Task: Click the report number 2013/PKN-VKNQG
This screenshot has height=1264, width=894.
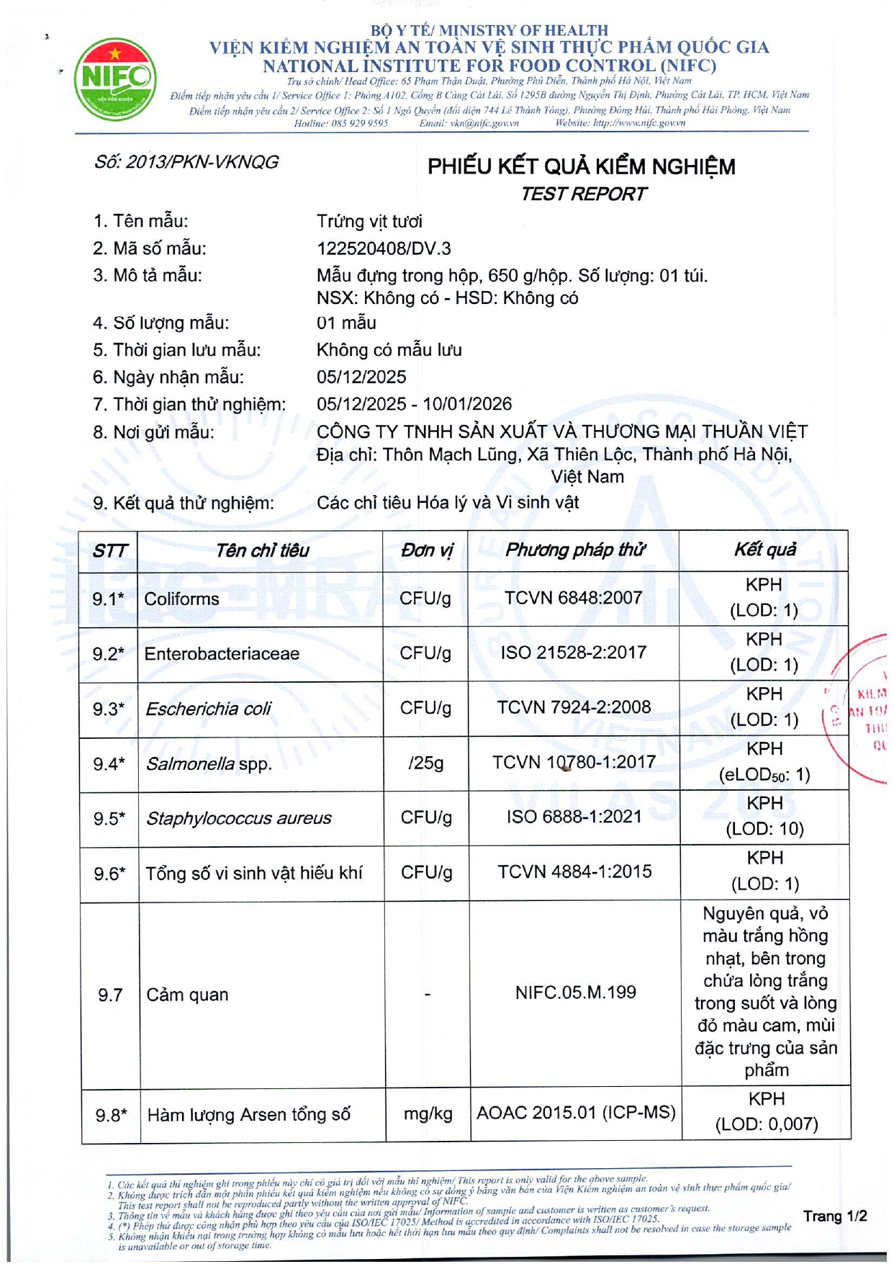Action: pyautogui.click(x=186, y=163)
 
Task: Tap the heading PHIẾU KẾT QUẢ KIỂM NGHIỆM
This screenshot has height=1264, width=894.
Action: pyautogui.click(x=581, y=167)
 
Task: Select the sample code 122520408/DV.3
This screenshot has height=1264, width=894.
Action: pyautogui.click(x=384, y=249)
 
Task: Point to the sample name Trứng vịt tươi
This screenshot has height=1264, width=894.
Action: pyautogui.click(x=369, y=222)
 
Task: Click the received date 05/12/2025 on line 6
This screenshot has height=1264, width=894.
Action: pyautogui.click(x=361, y=377)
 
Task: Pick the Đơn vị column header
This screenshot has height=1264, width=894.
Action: pyautogui.click(x=427, y=551)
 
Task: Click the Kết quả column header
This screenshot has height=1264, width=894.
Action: pyautogui.click(x=764, y=550)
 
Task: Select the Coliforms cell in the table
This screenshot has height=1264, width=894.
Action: pyautogui.click(x=181, y=599)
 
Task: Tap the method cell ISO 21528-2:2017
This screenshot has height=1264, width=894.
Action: pyautogui.click(x=574, y=653)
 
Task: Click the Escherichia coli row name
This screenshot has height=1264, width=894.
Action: pyautogui.click(x=208, y=709)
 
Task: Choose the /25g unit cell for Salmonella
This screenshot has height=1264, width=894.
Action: pyautogui.click(x=426, y=763)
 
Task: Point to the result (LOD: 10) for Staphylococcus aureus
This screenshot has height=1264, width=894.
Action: pyautogui.click(x=764, y=829)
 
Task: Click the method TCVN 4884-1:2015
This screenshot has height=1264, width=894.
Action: pyautogui.click(x=574, y=872)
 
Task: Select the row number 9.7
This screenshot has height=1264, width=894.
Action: pyautogui.click(x=110, y=995)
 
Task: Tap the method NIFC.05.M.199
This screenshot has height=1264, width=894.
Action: pyautogui.click(x=575, y=993)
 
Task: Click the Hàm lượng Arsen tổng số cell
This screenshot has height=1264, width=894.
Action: pyautogui.click(x=248, y=1116)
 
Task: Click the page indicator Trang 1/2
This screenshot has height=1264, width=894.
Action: pyautogui.click(x=835, y=1216)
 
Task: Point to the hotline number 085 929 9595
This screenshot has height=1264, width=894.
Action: pyautogui.click(x=360, y=123)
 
